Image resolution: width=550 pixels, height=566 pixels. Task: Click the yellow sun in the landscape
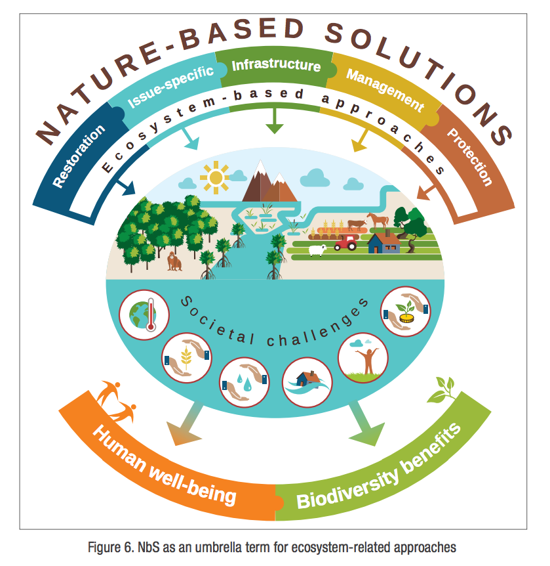[216, 175]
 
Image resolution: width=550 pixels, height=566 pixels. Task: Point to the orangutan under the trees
[174, 261]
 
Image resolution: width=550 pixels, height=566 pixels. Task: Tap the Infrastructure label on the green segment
[276, 65]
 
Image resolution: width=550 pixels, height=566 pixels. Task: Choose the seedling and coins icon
[405, 313]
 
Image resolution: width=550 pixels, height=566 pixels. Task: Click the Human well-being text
[164, 464]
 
